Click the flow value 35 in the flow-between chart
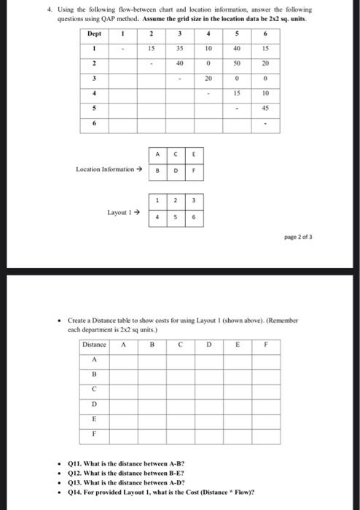click(x=179, y=49)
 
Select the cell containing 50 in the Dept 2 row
click(x=237, y=64)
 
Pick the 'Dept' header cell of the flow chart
click(x=95, y=34)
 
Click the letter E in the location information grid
click(x=195, y=154)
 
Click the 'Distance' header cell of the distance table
click(x=94, y=344)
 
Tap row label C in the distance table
click(x=94, y=388)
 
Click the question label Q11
click(x=75, y=463)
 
